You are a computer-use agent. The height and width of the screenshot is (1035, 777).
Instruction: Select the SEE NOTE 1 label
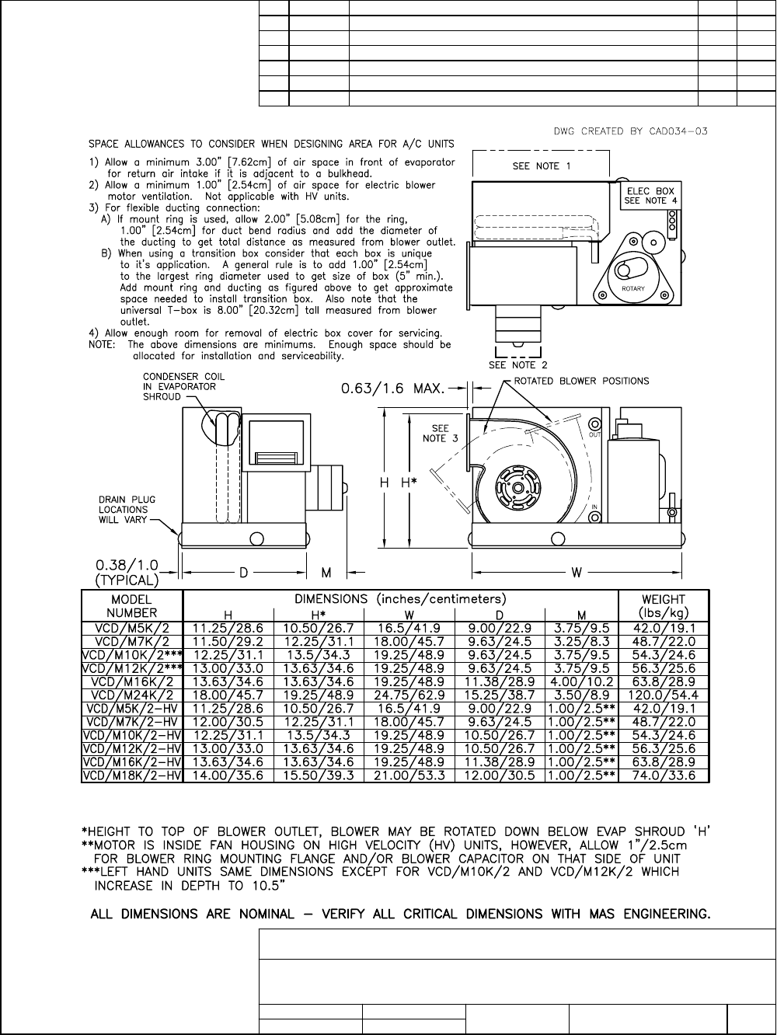(542, 166)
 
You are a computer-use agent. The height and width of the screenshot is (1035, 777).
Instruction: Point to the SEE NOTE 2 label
(517, 364)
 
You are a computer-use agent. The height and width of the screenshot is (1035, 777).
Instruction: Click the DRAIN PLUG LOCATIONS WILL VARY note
(123, 510)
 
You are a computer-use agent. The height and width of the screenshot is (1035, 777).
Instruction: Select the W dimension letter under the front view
(577, 573)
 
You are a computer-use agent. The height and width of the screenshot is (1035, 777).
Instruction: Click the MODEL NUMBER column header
(132, 606)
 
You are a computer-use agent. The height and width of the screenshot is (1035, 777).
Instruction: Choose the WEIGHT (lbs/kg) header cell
(664, 606)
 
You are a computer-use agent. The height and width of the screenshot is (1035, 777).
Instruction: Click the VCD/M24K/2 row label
(132, 695)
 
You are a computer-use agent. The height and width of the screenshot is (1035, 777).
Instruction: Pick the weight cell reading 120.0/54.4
(664, 695)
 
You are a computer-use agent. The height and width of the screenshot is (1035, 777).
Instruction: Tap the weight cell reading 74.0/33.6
(664, 775)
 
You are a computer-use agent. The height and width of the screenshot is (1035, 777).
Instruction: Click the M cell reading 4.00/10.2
(582, 681)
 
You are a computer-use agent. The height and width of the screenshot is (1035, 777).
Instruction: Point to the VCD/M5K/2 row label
(132, 629)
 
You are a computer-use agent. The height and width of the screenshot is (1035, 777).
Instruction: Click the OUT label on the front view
(595, 434)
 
